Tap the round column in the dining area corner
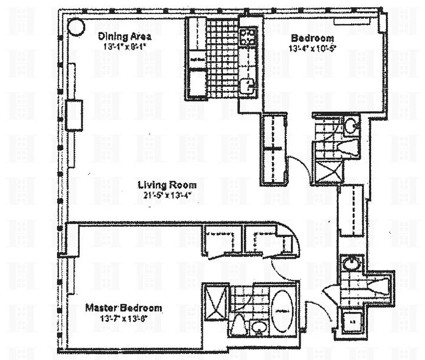tap(76, 27)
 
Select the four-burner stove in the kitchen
tap(248, 36)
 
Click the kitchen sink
tap(247, 85)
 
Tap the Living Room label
tap(167, 185)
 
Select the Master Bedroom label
tap(123, 308)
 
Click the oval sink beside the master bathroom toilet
tap(258, 327)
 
